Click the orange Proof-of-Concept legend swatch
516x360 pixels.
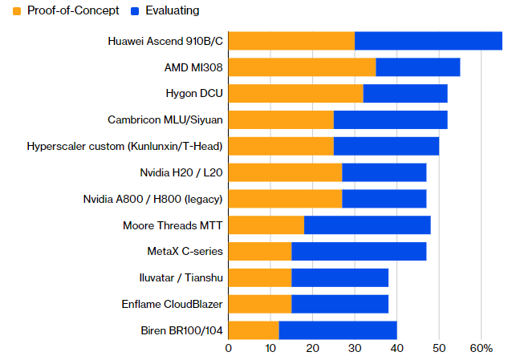click(17, 11)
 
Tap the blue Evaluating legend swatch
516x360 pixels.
click(135, 11)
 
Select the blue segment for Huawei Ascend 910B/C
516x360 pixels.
click(429, 41)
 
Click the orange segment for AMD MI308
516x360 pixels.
click(302, 67)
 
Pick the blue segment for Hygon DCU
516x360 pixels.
click(405, 93)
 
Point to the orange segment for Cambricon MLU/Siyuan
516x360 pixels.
click(281, 119)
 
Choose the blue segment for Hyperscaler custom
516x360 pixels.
click(386, 146)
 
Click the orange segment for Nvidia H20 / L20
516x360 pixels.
click(286, 172)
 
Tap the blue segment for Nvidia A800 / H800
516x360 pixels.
click(384, 199)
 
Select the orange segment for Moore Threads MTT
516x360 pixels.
click(266, 224)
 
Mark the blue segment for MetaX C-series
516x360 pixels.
click(359, 251)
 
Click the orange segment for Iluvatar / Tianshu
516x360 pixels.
click(260, 277)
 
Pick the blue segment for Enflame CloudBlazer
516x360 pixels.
click(340, 304)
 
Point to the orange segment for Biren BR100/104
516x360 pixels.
click(254, 330)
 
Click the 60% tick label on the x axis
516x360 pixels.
click(481, 349)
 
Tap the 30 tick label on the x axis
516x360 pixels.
click(355, 349)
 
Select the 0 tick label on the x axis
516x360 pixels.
click(229, 349)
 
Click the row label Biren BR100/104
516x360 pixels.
click(181, 330)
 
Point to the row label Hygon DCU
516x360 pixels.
click(194, 94)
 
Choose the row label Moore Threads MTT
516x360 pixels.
click(173, 225)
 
